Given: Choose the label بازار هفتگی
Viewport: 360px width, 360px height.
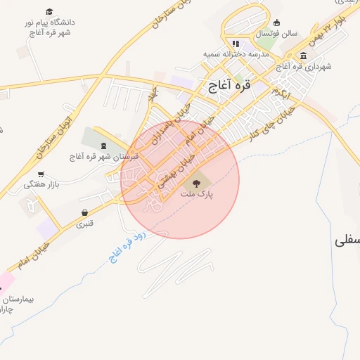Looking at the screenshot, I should tap(39, 184).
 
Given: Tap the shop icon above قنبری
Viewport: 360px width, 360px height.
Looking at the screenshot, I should tap(84, 213).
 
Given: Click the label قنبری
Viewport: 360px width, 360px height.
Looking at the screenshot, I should tap(84, 224).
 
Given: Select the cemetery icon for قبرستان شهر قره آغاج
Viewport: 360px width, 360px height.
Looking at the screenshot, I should tap(104, 146).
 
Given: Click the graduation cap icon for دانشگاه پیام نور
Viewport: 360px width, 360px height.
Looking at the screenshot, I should tap(49, 12).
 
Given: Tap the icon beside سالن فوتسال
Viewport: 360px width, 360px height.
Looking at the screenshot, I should tap(277, 22).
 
